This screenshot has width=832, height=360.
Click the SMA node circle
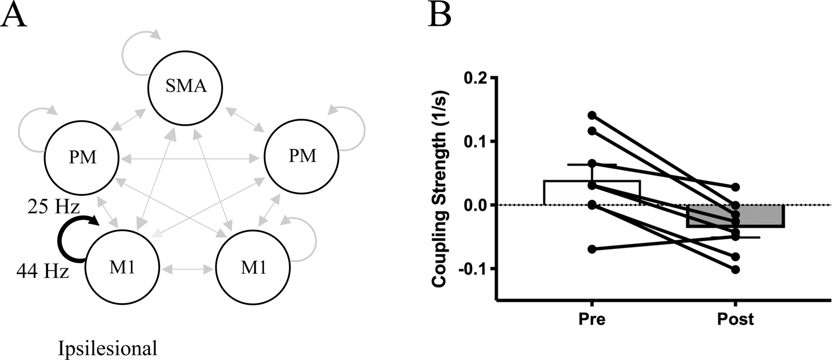point(185,87)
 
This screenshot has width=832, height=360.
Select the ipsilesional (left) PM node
point(82,157)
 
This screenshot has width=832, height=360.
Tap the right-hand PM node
point(302,156)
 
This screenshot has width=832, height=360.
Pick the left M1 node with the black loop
point(122,268)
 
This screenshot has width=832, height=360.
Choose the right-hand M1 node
point(253,268)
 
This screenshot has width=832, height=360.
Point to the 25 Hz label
point(53,207)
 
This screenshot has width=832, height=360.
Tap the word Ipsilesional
point(108,349)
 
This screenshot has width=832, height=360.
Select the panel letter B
point(440,15)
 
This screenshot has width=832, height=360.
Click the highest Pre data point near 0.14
point(592,115)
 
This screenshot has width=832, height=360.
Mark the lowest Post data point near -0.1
point(736,269)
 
